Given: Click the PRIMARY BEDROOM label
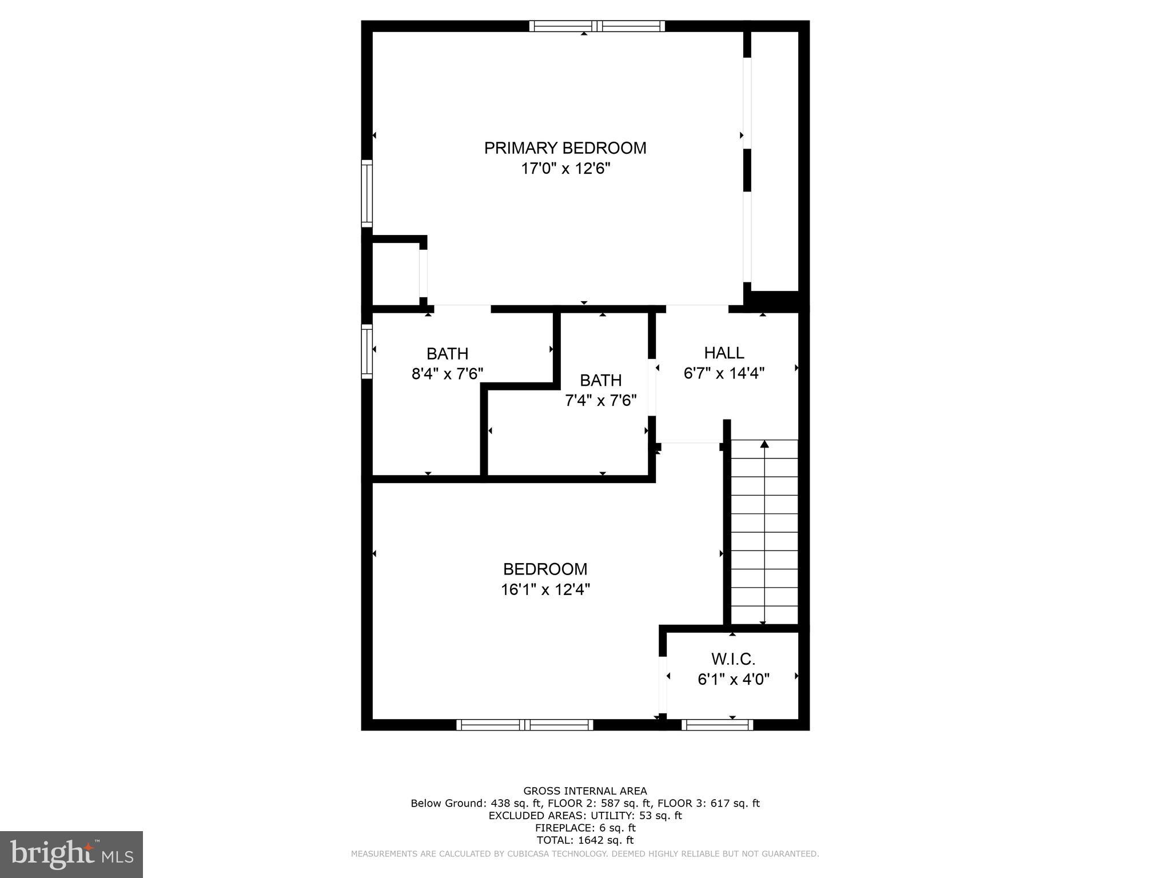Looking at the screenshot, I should click(565, 148).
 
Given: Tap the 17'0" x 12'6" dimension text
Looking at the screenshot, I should click(565, 169).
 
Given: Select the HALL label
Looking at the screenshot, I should click(724, 353).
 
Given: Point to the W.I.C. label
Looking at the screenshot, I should click(734, 659).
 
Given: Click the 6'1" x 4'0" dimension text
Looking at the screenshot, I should click(734, 680).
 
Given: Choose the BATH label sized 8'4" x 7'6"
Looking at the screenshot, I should click(447, 353).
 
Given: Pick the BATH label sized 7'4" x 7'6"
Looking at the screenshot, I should click(600, 380).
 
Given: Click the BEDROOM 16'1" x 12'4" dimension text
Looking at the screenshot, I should click(545, 589).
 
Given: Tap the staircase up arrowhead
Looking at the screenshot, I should click(764, 444).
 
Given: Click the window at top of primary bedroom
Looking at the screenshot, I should click(597, 26).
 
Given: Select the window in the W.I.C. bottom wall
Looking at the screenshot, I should click(717, 725).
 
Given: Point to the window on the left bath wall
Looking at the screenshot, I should click(367, 352).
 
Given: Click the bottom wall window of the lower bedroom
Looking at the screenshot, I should click(524, 725).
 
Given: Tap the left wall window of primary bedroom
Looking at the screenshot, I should click(367, 193).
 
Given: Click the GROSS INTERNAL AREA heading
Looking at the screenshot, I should click(585, 791).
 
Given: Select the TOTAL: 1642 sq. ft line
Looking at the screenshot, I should click(585, 840).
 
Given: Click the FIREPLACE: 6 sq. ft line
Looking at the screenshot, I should click(585, 828).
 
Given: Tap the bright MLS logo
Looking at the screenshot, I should click(71, 854).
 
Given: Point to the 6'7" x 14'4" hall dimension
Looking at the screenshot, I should click(724, 373).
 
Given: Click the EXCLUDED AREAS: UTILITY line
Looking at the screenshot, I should click(585, 816).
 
